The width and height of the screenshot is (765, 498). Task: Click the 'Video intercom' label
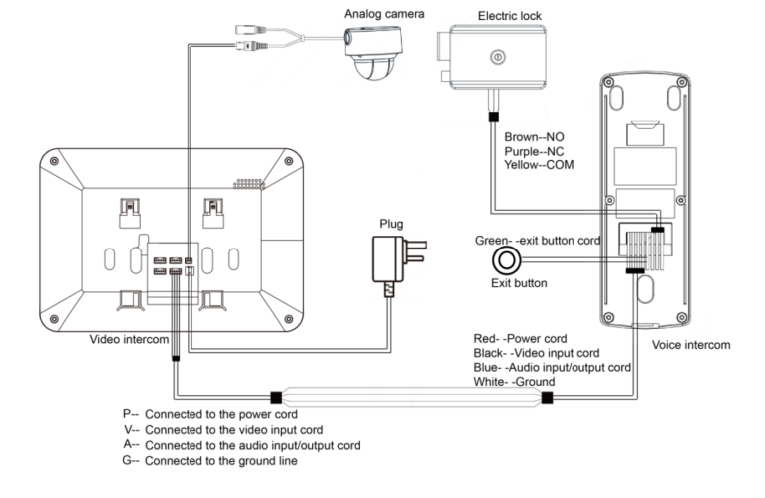point(129,339)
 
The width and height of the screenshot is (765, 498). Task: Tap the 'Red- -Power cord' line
point(521,340)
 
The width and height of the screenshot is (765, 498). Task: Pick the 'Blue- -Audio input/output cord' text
point(552,367)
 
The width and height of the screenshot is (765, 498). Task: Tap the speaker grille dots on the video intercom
point(249,186)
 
